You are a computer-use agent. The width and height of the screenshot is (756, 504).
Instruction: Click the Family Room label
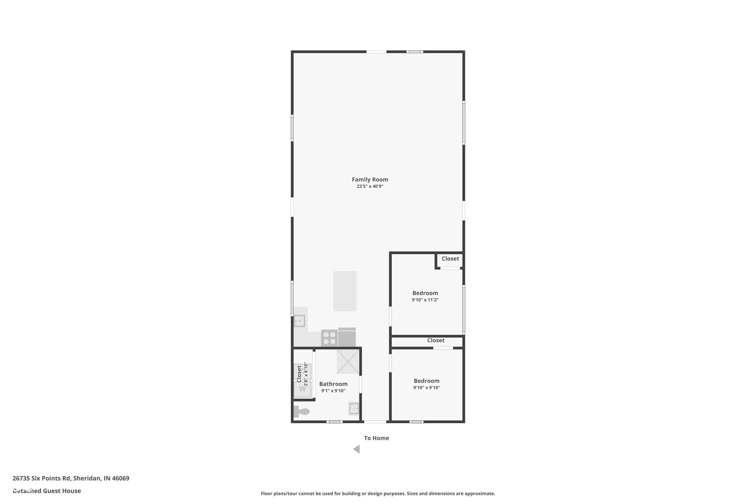point(370,180)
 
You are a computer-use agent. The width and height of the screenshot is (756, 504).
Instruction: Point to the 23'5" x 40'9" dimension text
point(370,186)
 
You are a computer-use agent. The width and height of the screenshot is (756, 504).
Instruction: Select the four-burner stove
point(329,338)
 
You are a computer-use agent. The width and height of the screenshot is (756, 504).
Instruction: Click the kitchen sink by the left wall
point(299,321)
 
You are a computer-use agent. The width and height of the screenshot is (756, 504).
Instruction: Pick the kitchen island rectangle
point(344,291)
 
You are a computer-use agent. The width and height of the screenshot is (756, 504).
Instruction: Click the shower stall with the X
point(348,362)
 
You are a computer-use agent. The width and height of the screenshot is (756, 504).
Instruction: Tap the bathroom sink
point(354,408)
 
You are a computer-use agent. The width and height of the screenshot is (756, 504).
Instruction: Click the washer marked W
point(302,389)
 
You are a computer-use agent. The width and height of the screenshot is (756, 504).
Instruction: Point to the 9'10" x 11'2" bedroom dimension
point(425,300)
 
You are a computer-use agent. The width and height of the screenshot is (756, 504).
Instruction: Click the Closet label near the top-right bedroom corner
point(450,259)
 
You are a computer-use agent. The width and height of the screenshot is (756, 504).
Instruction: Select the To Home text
point(376,438)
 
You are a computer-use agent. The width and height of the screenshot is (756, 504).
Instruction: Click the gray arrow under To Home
point(357,449)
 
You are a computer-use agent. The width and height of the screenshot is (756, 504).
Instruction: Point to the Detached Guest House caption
point(47,491)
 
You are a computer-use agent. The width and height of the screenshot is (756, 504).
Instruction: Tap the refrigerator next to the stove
point(346,337)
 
